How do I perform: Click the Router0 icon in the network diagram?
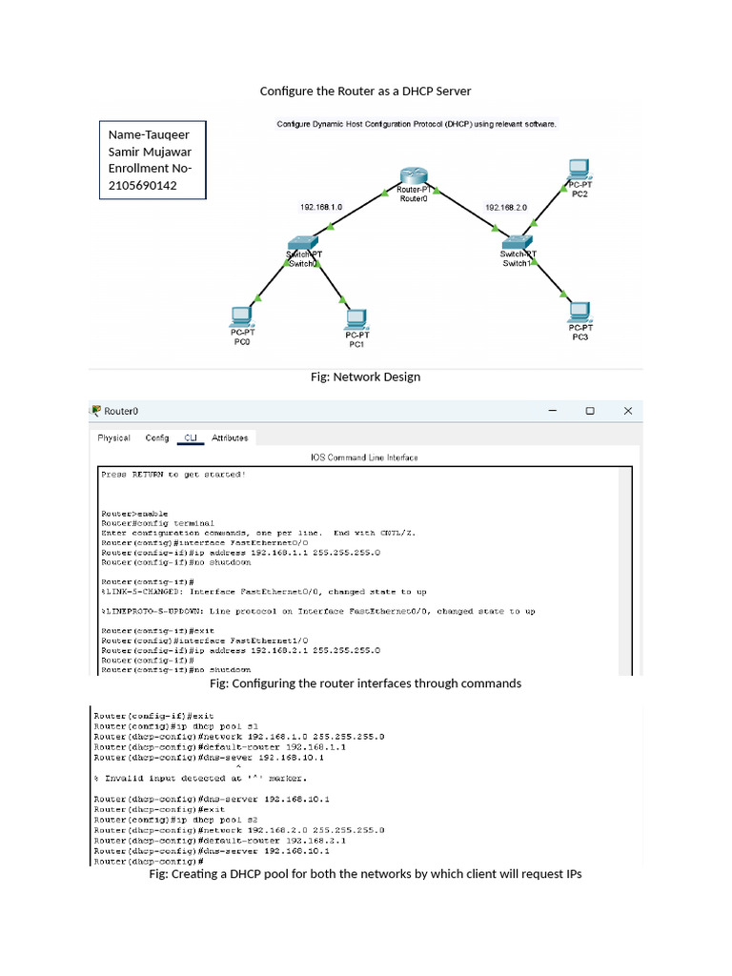tap(414, 175)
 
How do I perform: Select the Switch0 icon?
tap(303, 243)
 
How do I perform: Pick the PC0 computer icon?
tap(242, 316)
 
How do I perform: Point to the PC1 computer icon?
tap(356, 318)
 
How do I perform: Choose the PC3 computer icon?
tap(579, 311)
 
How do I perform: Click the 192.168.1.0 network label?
tap(321, 207)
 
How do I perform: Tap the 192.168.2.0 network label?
tap(506, 207)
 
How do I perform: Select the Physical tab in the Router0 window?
tap(114, 438)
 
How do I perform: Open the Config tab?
tap(157, 438)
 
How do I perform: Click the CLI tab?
tap(191, 438)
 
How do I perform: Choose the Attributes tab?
tap(230, 438)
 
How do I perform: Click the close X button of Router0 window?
tap(627, 411)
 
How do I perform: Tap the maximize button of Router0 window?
tap(590, 411)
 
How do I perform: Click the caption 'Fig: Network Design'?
tap(365, 377)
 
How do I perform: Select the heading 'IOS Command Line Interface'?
tap(364, 457)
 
